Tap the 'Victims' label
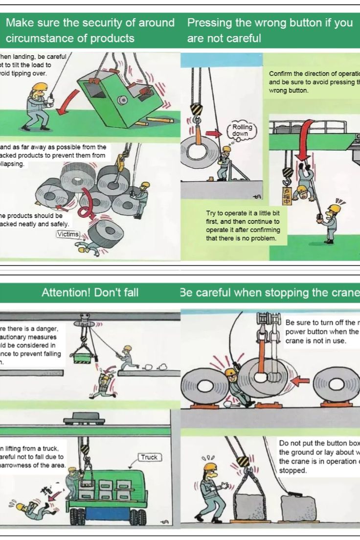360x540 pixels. click(x=68, y=234)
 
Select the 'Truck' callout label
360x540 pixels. click(x=149, y=457)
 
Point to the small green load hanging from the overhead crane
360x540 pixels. click(x=83, y=356)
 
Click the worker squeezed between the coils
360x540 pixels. click(x=235, y=387)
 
